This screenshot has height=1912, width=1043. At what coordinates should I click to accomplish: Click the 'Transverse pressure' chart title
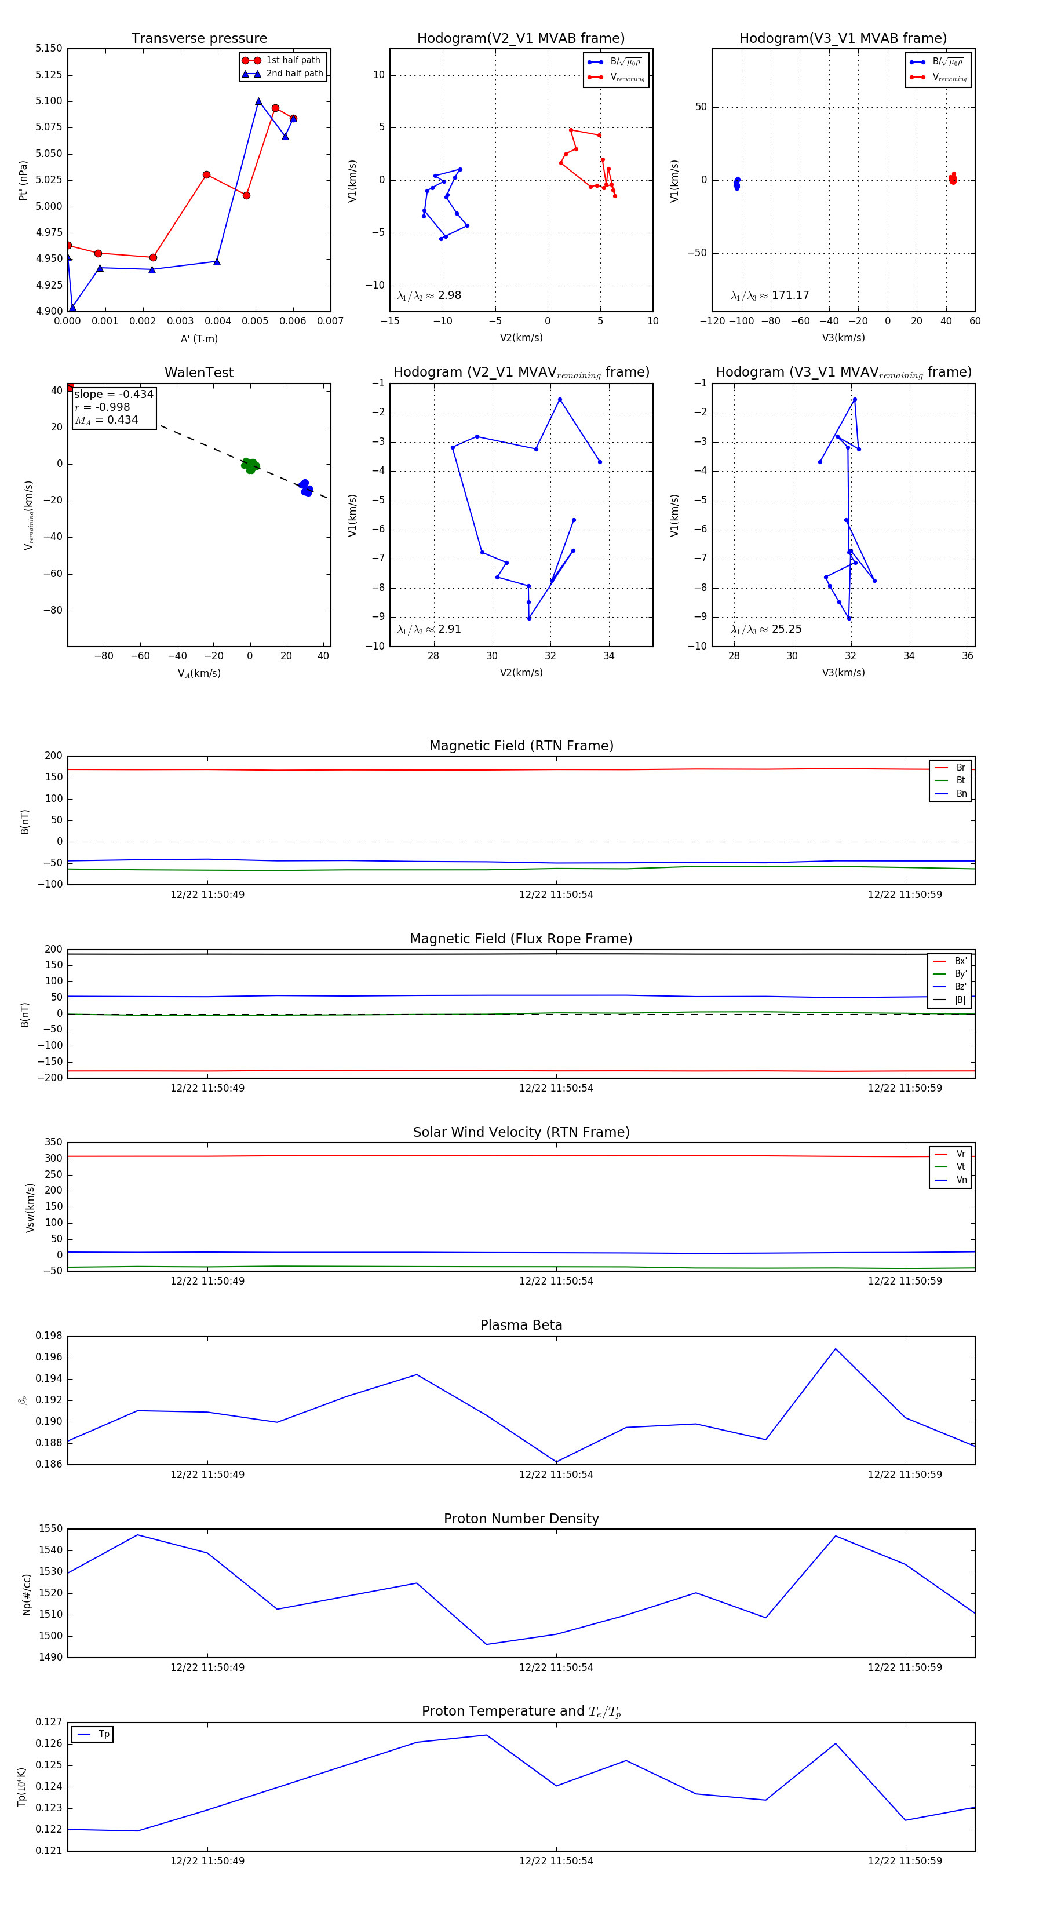tap(199, 39)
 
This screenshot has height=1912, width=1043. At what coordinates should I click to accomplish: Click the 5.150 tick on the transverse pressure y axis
tap(49, 48)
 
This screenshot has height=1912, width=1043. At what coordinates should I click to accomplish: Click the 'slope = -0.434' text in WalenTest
tap(114, 394)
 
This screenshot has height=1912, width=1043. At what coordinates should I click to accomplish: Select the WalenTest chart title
tap(199, 373)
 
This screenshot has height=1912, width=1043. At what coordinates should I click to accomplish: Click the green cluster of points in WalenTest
tap(250, 465)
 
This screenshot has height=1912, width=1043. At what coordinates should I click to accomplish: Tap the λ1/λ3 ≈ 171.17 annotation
tap(770, 295)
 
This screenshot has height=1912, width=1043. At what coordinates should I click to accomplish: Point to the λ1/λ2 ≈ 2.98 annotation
tap(429, 295)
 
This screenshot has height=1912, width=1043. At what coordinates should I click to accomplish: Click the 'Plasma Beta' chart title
tap(521, 1326)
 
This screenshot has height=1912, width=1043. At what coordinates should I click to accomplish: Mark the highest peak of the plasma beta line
tap(835, 1349)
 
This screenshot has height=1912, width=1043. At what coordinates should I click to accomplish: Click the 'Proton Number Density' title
tap(521, 1519)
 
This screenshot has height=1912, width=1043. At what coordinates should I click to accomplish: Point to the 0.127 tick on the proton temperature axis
tap(49, 1722)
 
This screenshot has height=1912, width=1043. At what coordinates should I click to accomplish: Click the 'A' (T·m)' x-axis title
tap(199, 338)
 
